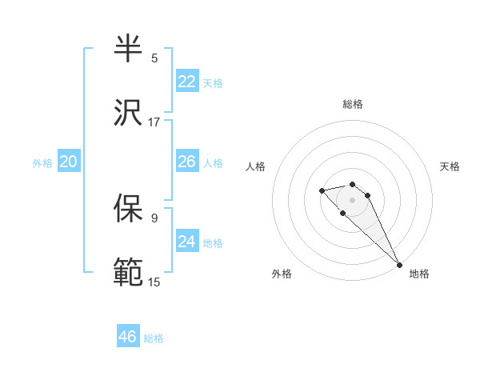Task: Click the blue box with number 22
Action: [187, 82]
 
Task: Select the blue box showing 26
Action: [187, 162]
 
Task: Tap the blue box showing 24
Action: [187, 242]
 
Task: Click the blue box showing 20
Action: [68, 162]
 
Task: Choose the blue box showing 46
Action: [128, 337]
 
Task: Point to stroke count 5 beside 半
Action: [154, 58]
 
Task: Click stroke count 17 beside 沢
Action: [154, 122]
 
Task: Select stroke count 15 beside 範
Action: [154, 282]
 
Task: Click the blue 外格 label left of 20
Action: [42, 162]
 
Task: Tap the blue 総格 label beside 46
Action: [154, 338]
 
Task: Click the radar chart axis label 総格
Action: [353, 104]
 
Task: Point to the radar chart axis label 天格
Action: [450, 166]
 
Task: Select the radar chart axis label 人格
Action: [256, 166]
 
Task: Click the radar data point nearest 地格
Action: [399, 264]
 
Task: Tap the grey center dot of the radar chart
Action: [352, 200]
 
